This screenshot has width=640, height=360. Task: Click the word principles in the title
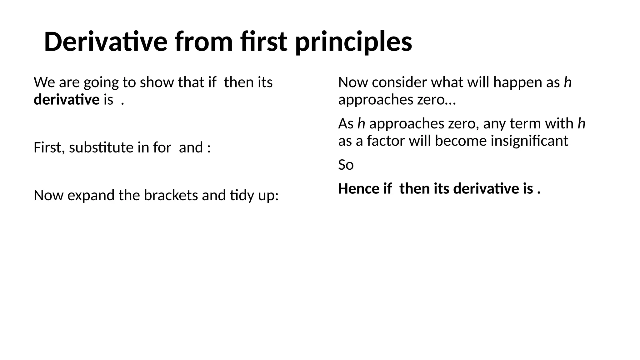pos(353,42)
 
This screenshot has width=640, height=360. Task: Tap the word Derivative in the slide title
pos(106,42)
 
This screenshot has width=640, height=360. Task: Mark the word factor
pos(386,141)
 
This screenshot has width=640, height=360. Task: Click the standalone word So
pos(346,165)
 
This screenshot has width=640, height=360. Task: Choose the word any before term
pos(495,123)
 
